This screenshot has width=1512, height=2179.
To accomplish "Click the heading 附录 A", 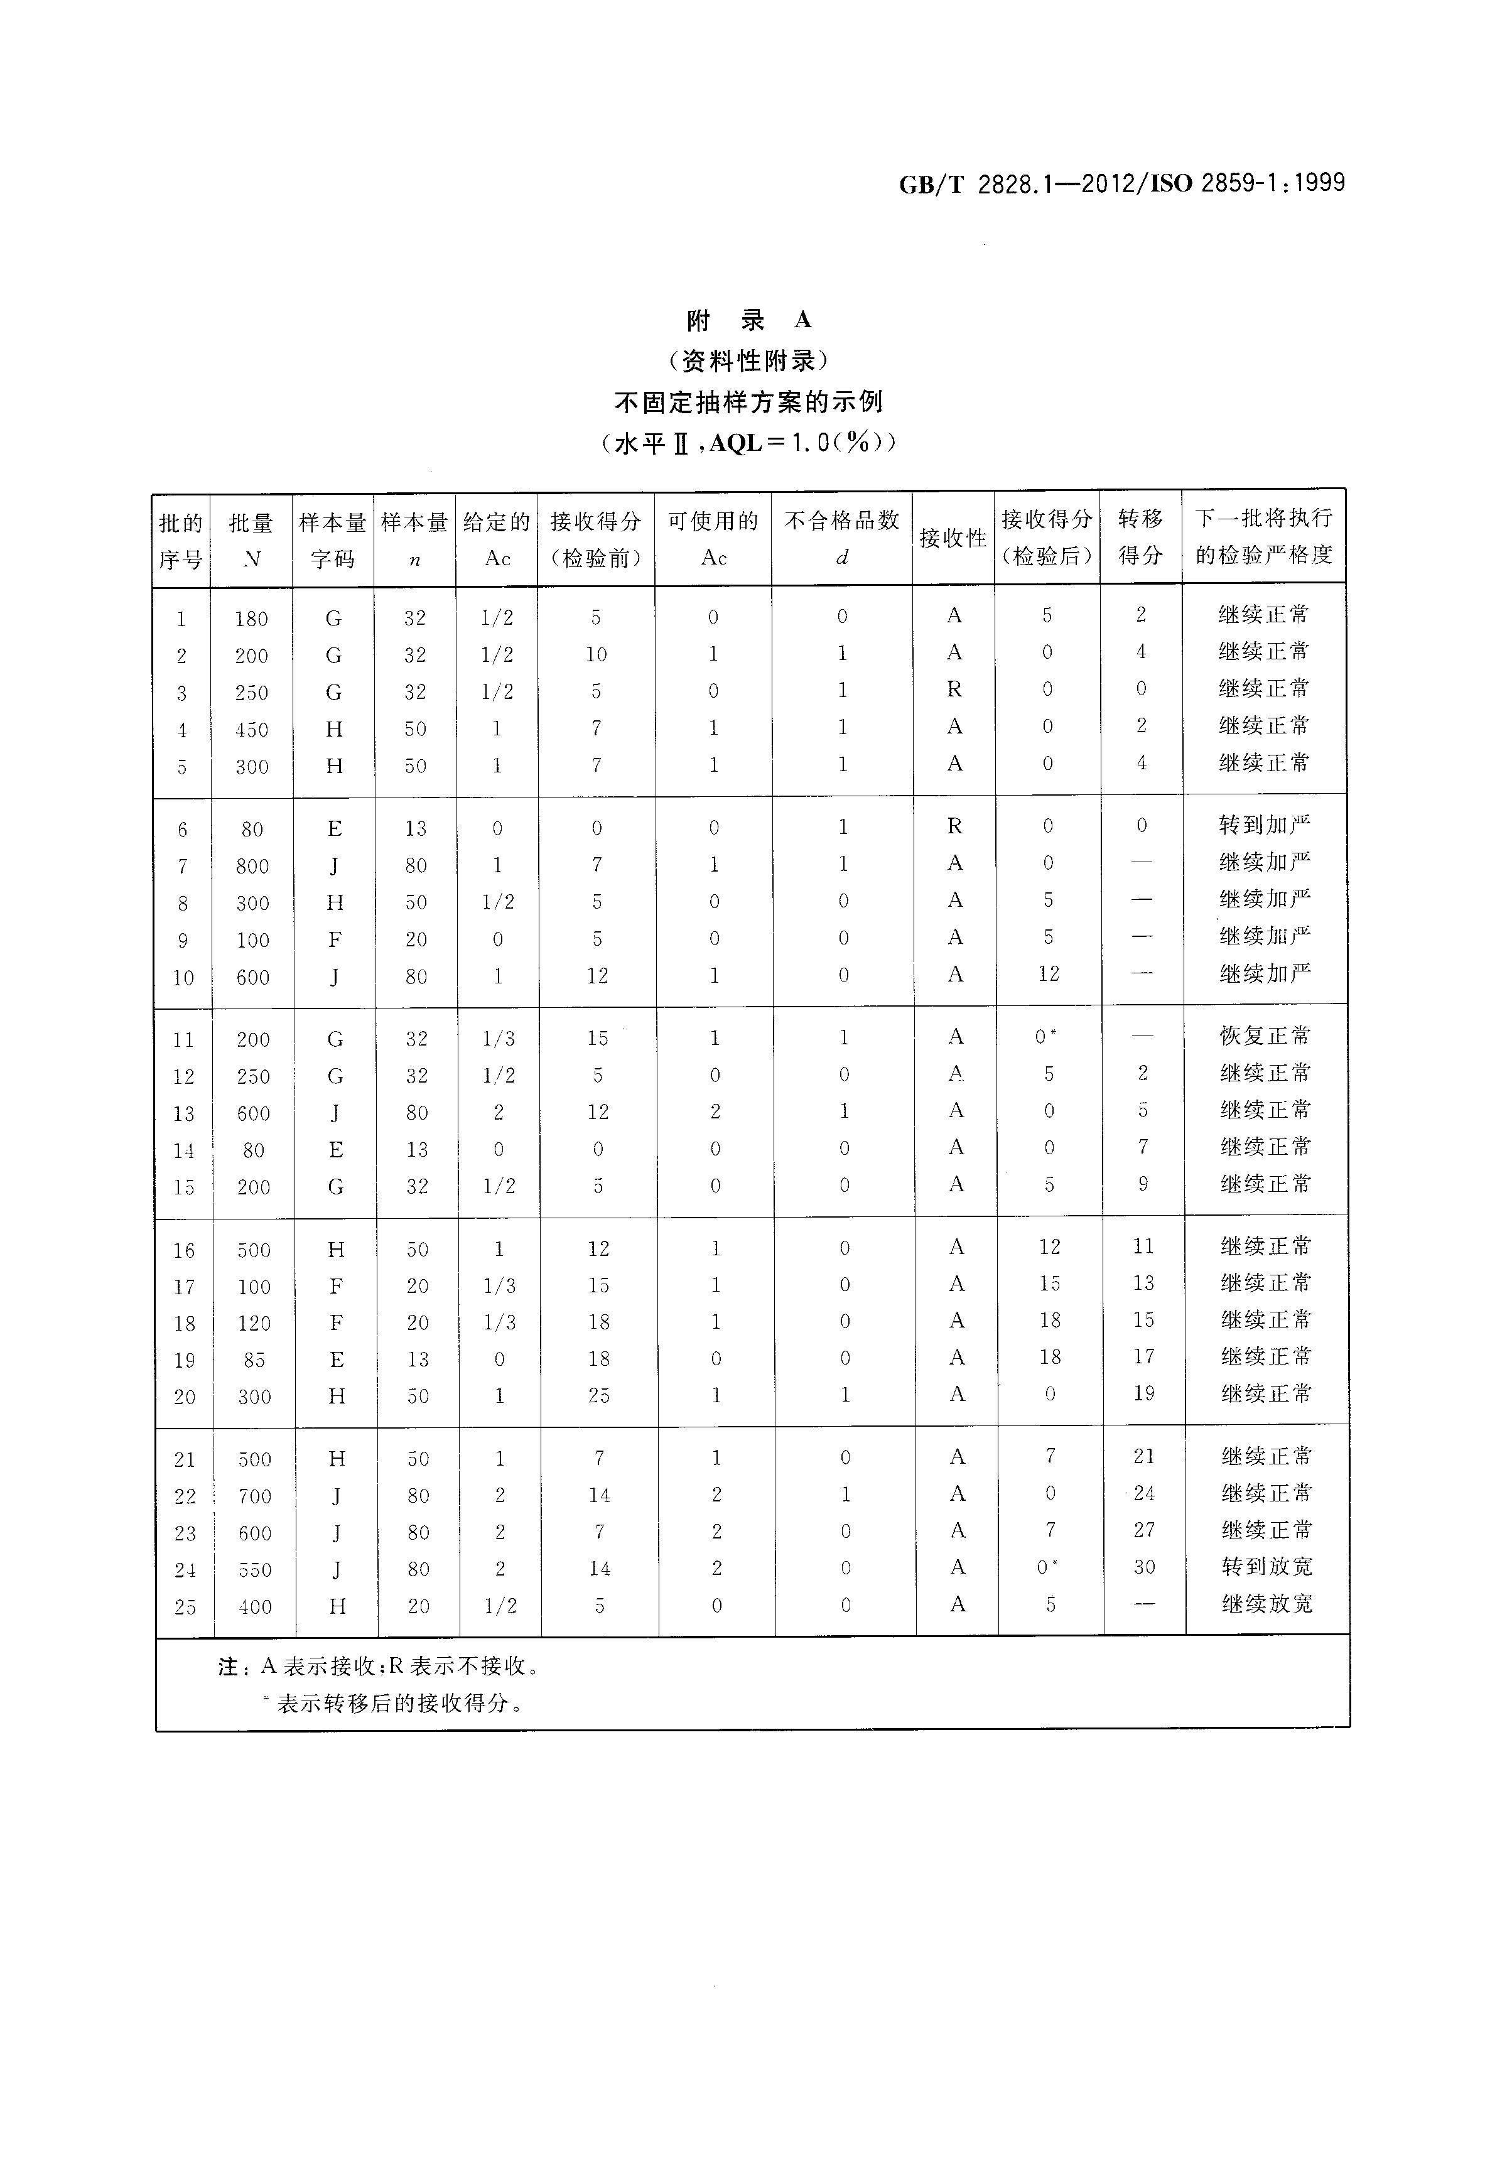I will tap(748, 320).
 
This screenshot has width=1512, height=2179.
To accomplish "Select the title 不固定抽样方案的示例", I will tap(748, 403).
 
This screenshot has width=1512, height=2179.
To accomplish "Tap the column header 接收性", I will tap(953, 538).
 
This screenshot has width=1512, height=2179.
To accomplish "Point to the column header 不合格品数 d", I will tap(841, 538).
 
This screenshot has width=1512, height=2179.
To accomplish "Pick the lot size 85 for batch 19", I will tap(254, 1360).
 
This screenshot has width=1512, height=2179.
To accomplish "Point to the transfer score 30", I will tap(1145, 1567).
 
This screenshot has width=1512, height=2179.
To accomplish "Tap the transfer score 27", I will tap(1145, 1530).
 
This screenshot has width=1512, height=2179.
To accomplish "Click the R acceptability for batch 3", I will tap(954, 689).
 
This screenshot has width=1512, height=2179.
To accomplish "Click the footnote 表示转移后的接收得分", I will tap(398, 1704).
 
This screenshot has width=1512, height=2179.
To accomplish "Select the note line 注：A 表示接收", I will tap(379, 1667).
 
